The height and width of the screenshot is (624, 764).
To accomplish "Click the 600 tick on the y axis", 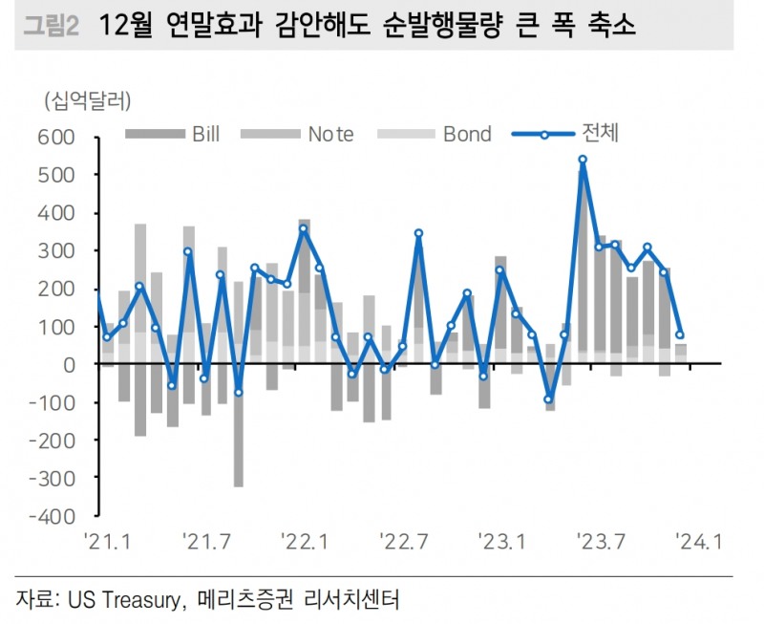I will tap(55, 138).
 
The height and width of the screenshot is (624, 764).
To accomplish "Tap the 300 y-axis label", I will tap(55, 251).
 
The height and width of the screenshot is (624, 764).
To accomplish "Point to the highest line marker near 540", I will tap(583, 160).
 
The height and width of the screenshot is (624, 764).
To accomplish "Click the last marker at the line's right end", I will tap(680, 335).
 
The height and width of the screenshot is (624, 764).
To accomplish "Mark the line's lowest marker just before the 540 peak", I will tap(549, 399).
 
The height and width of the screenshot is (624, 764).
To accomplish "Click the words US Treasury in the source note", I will tap(124, 600).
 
